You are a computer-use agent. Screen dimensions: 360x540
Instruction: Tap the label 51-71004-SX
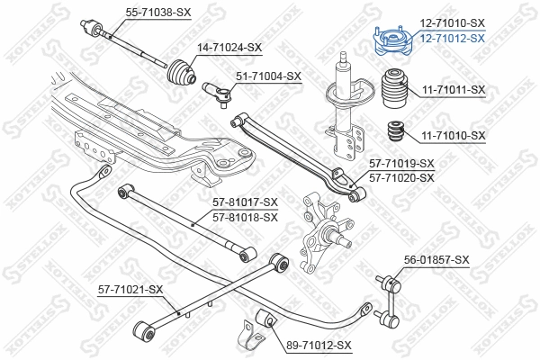point(268,76)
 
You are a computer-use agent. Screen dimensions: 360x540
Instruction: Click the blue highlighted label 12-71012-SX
point(452,39)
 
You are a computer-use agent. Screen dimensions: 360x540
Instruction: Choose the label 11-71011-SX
point(453,90)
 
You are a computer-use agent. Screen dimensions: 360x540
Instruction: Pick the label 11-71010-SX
point(453,135)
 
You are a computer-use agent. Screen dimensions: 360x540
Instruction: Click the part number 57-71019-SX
point(401,164)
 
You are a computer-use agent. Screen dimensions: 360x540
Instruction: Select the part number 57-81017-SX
point(245,203)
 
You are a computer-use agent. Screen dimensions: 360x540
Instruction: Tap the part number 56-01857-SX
point(436,259)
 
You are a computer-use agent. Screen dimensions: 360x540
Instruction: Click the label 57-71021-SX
point(130,289)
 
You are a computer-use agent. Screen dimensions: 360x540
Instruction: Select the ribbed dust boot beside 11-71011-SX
point(393,91)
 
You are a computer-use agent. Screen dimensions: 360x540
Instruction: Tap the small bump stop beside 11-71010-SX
point(392,131)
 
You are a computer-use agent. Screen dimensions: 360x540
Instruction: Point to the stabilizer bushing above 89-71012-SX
point(265,318)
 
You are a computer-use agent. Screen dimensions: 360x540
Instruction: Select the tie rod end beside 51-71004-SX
point(217,91)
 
